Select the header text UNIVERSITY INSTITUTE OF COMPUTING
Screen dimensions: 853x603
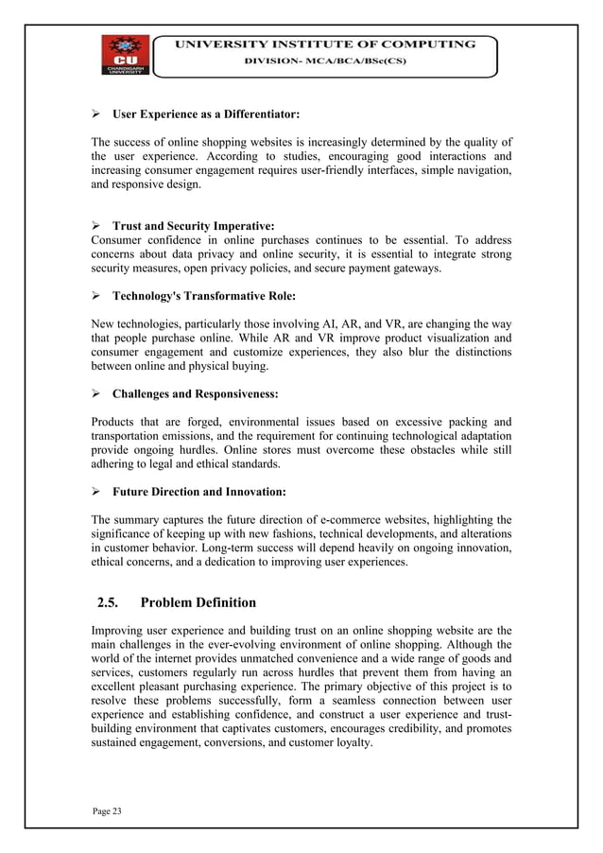pos(322,44)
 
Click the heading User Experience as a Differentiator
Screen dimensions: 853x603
pos(206,115)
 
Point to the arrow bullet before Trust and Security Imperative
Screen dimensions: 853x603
pos(96,227)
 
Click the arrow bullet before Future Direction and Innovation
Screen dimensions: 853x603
pos(96,492)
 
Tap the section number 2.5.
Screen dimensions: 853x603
pos(113,602)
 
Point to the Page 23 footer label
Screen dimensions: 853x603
pos(107,811)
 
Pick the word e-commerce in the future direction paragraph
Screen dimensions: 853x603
pos(348,519)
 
